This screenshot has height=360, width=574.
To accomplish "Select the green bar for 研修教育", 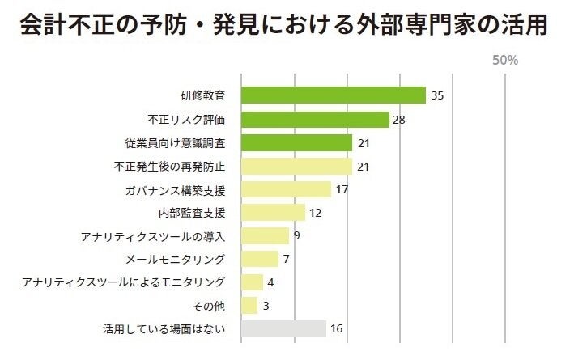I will tap(334, 95).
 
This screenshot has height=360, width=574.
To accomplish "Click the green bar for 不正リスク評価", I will tap(316, 120).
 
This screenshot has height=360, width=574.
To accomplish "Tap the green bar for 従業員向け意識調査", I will tap(297, 143).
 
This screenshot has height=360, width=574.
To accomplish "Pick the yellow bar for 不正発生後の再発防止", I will tap(297, 167).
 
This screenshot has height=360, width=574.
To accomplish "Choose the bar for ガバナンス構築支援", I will tap(287, 190).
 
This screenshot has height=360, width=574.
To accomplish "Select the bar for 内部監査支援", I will tap(274, 213).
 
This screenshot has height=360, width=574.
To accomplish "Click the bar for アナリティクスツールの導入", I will tap(266, 236).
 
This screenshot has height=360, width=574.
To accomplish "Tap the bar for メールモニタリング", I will tap(260, 259).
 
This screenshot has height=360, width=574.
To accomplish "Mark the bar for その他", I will tap(249, 306).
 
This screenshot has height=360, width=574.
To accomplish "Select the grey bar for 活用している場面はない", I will tap(284, 328).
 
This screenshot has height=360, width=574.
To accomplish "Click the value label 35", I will tap(437, 95).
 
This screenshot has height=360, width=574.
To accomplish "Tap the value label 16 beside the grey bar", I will tap(338, 328).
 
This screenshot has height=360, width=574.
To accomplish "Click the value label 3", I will tap(266, 306).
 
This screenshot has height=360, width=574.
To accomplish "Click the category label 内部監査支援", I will tap(191, 214).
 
